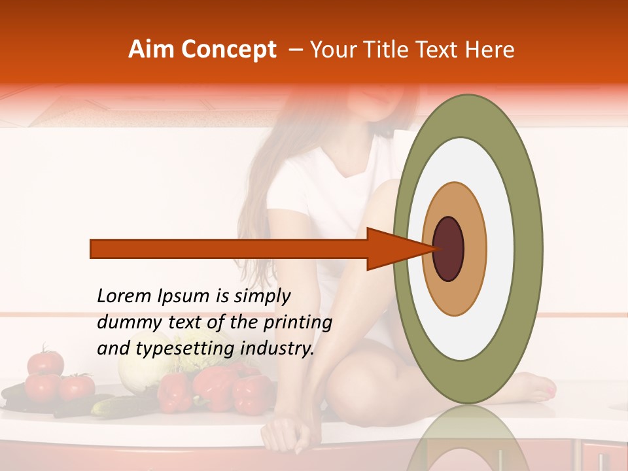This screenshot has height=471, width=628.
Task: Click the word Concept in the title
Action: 228,50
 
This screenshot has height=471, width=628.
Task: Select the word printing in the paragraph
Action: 298,323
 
